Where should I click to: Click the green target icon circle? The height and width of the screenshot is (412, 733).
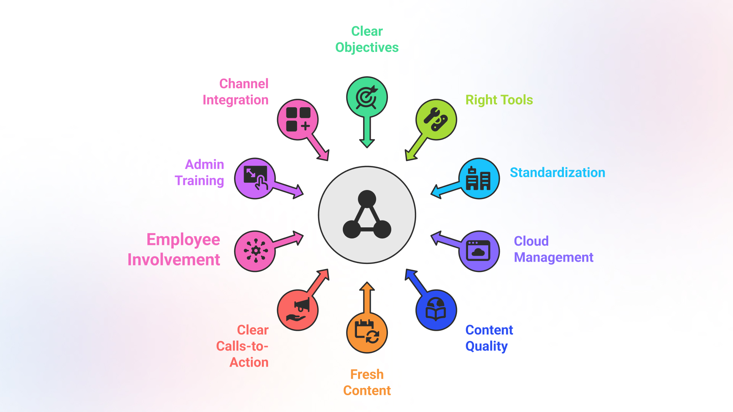(x=367, y=97)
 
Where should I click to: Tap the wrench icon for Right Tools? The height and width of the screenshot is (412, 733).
(x=436, y=119)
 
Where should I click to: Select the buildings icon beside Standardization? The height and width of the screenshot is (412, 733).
(x=479, y=179)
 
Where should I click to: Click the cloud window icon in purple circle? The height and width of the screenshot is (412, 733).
(x=479, y=251)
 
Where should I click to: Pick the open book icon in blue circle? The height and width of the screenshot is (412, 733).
(x=436, y=310)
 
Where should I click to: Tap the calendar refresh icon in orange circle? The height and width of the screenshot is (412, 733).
(x=367, y=332)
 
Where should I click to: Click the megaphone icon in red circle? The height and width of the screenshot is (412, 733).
(x=298, y=310)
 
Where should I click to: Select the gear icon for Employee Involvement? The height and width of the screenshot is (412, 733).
(x=255, y=251)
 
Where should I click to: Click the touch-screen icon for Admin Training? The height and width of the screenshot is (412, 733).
(x=255, y=179)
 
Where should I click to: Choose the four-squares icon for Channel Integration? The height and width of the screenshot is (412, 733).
(x=298, y=119)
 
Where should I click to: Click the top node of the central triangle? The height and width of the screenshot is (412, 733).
(x=367, y=199)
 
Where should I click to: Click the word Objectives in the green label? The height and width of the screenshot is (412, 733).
(x=367, y=47)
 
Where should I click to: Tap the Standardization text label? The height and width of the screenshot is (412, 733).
(x=557, y=172)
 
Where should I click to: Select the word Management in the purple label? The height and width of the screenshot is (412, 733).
(x=554, y=257)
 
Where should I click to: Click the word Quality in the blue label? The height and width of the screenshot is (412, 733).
(x=486, y=346)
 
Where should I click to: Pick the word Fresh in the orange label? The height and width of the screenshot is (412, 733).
(x=367, y=374)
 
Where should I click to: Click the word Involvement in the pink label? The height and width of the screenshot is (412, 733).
(x=174, y=260)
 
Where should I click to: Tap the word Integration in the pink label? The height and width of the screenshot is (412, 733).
(x=236, y=100)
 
